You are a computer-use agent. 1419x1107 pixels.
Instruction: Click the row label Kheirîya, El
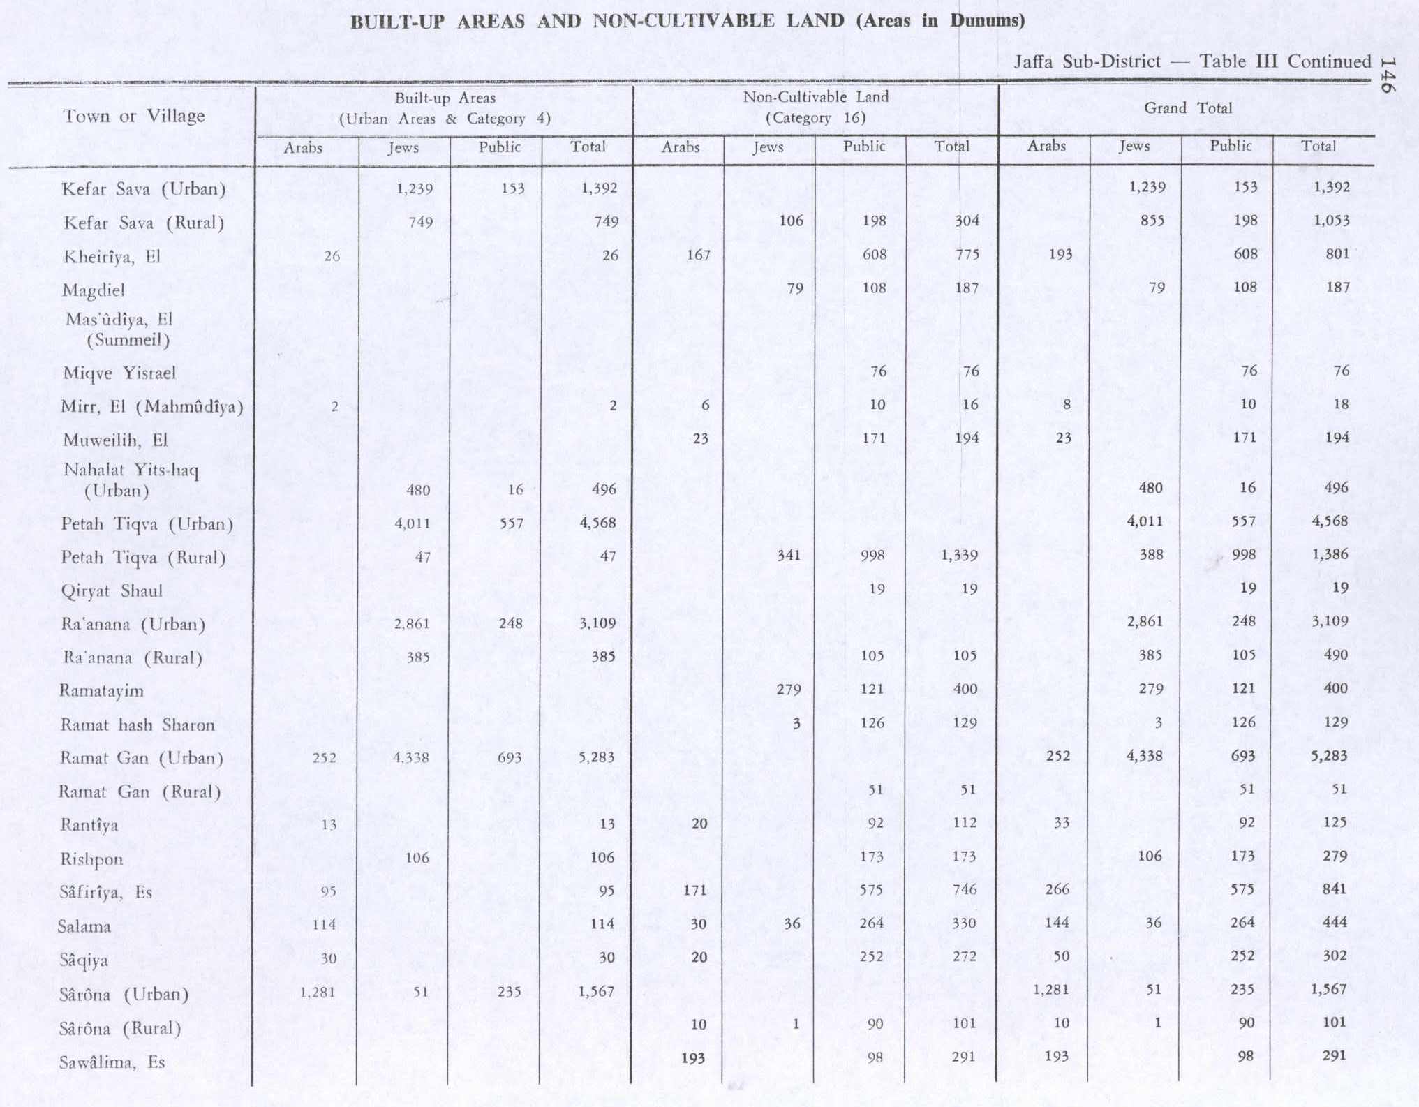pos(112,257)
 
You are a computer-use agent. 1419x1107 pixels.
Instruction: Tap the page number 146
pos(1388,75)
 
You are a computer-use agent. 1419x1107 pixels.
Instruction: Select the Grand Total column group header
pos(1187,108)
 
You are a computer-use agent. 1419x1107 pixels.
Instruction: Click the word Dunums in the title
pos(986,20)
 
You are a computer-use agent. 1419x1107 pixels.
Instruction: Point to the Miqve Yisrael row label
pos(119,373)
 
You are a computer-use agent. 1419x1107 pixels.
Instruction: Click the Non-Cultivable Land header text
pos(815,97)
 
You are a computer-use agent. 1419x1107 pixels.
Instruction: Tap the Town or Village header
pos(134,116)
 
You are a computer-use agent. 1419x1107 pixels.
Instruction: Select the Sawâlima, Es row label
pos(112,1062)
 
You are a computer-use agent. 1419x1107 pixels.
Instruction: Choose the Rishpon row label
pos(91,859)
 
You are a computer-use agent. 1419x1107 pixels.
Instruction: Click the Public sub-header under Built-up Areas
pos(499,147)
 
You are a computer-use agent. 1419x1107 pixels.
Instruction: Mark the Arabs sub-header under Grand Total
pos(1046,146)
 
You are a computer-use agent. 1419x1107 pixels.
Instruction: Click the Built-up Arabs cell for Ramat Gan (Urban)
pos(325,758)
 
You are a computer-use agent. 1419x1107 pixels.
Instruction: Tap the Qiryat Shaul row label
pos(112,591)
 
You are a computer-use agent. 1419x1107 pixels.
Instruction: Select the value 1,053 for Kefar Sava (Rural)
pos(1331,221)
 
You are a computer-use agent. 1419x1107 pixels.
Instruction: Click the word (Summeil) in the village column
pos(128,341)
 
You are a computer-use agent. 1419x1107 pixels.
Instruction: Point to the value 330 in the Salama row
pos(964,923)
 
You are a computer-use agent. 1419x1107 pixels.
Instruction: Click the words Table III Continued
pos(1285,61)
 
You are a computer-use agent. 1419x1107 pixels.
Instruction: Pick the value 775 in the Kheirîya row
pos(966,255)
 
